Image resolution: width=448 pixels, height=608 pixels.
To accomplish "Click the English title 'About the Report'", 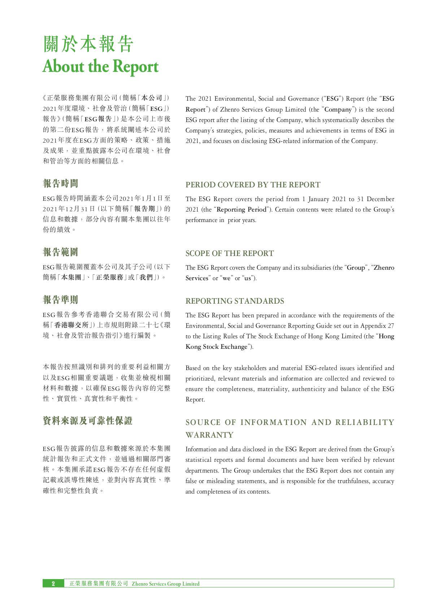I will pos(100,67).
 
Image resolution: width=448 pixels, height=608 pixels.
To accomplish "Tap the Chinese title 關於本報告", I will pos(88,44).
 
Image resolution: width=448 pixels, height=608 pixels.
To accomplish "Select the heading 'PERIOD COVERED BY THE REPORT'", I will pos(253,185).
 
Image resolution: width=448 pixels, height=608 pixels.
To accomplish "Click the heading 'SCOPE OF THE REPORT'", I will pos(230,253).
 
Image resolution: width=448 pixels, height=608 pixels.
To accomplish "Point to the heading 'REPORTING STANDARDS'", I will pos(235,301).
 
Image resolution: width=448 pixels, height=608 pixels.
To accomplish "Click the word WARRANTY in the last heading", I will pos(209,435).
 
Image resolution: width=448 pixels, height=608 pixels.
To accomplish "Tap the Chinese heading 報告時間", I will pos(60,183).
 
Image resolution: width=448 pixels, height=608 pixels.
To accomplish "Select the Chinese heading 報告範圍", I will pos(60,252).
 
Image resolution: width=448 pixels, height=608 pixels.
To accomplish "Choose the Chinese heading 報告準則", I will pos(60,300).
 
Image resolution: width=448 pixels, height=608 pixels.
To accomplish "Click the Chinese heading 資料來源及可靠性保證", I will pos(88,421).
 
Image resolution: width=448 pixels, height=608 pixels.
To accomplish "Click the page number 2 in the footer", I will pos(53,583).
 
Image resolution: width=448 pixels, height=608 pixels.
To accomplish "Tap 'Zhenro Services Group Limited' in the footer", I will pos(165,584).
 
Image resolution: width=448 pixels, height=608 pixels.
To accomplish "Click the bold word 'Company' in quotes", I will pos(338,109).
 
